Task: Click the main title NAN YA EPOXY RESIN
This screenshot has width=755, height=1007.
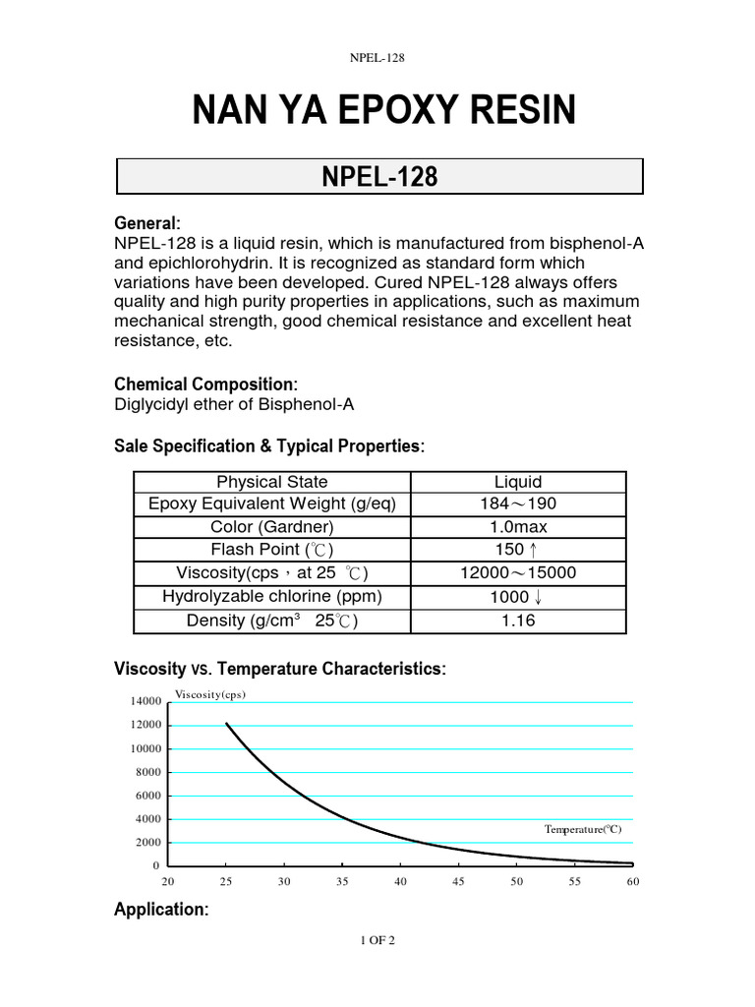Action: [x=383, y=111]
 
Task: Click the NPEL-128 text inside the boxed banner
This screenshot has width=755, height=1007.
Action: [x=379, y=177]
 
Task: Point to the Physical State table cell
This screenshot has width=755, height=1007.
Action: [x=272, y=482]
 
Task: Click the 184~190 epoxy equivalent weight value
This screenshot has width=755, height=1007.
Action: [x=518, y=504]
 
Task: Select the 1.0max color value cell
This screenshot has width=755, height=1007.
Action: [x=518, y=527]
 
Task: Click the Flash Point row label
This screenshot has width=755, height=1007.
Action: [x=272, y=550]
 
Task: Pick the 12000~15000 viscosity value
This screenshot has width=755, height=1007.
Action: [x=518, y=573]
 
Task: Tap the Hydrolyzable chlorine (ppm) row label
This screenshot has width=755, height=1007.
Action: [x=272, y=597]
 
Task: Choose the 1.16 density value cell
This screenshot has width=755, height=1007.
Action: [x=518, y=621]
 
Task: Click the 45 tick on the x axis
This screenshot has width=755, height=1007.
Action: [x=458, y=882]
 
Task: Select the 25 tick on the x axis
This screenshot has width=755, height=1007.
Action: [x=226, y=882]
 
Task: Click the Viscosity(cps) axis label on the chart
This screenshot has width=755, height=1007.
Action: [x=209, y=694]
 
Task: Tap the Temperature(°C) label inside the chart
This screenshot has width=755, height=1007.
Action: [x=584, y=830]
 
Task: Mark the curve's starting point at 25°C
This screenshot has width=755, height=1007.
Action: [x=226, y=724]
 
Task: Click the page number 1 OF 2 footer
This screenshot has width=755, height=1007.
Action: [x=377, y=941]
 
